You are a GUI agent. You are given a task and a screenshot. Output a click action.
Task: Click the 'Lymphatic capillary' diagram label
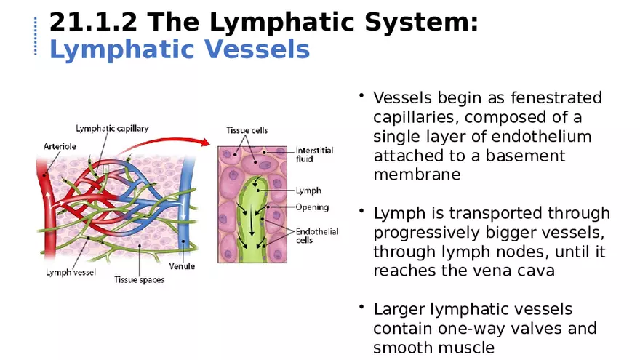[x=112, y=129]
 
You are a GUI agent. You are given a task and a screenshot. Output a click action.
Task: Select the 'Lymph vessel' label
[x=71, y=273]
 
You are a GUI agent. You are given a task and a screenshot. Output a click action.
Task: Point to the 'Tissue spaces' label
[x=139, y=279]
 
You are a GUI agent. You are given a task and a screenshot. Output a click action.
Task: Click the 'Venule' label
[x=182, y=266]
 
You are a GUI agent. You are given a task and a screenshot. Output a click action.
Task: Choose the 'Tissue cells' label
[x=247, y=130]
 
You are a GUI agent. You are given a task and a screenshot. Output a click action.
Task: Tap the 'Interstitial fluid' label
[x=314, y=154]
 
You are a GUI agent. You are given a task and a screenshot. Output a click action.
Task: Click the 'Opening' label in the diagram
[x=311, y=207]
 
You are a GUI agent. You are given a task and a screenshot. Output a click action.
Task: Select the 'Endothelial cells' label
[x=316, y=236]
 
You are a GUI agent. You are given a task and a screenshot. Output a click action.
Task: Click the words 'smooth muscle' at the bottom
[x=433, y=348]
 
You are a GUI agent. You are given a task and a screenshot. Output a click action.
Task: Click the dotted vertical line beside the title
[x=35, y=36]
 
